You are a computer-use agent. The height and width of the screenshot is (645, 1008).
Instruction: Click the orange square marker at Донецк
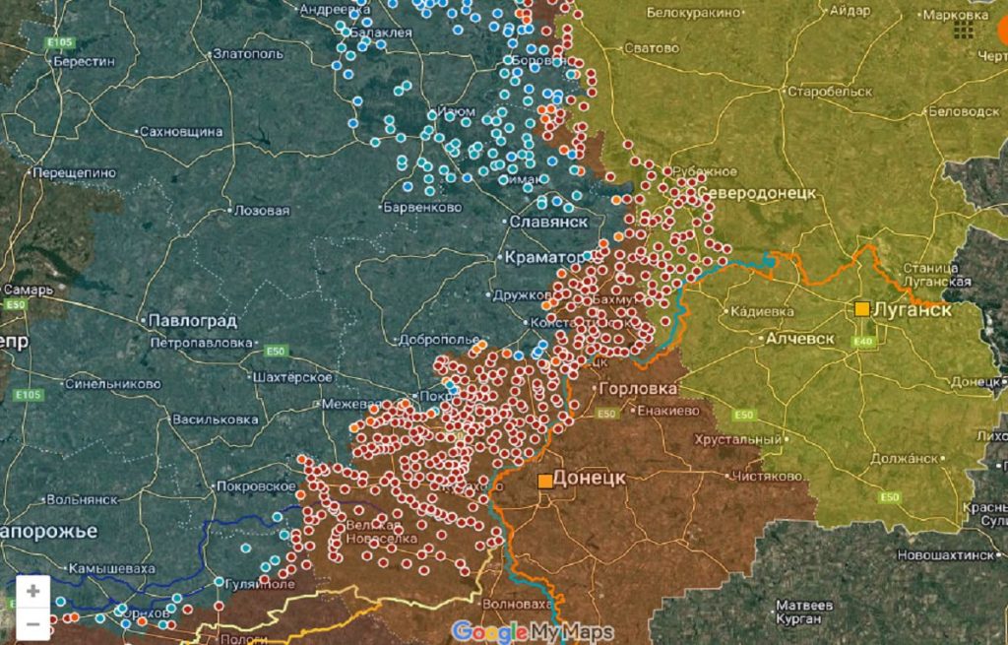pos(544,481)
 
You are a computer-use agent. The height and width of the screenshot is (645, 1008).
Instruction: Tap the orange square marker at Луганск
pos(862,309)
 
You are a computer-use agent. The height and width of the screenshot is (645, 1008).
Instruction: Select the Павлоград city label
pos(192,321)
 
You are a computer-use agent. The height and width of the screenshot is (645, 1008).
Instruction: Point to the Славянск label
pos(548,222)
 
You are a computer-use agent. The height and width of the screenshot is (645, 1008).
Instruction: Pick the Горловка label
pos(638,389)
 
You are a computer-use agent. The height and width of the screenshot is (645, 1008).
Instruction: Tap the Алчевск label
pos(799,339)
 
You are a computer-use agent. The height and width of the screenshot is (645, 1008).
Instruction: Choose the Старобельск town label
pos(830,92)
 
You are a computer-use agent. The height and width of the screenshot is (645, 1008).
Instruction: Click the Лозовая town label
pos(262,211)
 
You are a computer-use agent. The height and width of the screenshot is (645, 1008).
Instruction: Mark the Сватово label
pos(652,48)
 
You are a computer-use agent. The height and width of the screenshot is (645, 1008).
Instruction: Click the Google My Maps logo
pos(533,631)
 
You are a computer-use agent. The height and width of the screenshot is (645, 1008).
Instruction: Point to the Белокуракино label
pos(692,13)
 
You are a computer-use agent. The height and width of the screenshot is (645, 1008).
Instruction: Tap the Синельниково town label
pos(113,384)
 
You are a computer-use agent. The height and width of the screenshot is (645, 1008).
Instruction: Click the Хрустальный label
pos(738,439)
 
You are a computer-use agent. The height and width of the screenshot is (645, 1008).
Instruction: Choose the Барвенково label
pos(420,208)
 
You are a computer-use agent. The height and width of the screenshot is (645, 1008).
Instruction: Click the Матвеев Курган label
pos(805,612)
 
